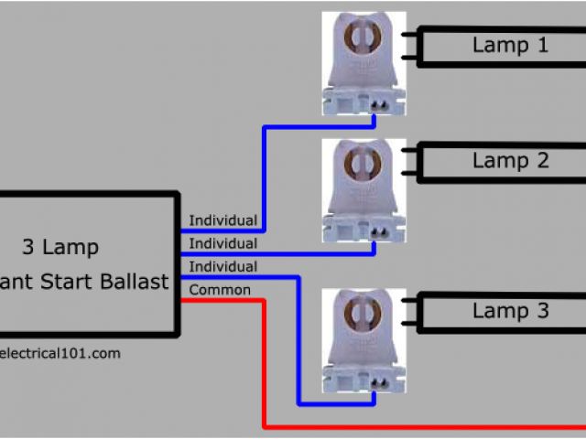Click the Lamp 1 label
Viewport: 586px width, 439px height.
tap(510, 45)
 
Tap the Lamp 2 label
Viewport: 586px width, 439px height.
tap(510, 161)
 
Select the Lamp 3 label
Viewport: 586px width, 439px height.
tap(510, 311)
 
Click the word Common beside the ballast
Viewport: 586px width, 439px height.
tap(219, 290)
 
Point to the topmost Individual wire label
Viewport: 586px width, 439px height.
tap(222, 220)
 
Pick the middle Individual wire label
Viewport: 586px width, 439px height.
tap(222, 243)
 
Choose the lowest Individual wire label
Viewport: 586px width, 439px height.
tap(222, 266)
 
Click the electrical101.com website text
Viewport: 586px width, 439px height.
tap(59, 353)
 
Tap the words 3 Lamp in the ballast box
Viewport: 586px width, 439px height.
tap(60, 247)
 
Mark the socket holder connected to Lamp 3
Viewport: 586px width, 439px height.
tap(364, 338)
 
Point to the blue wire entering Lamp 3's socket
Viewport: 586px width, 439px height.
tap(298, 348)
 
